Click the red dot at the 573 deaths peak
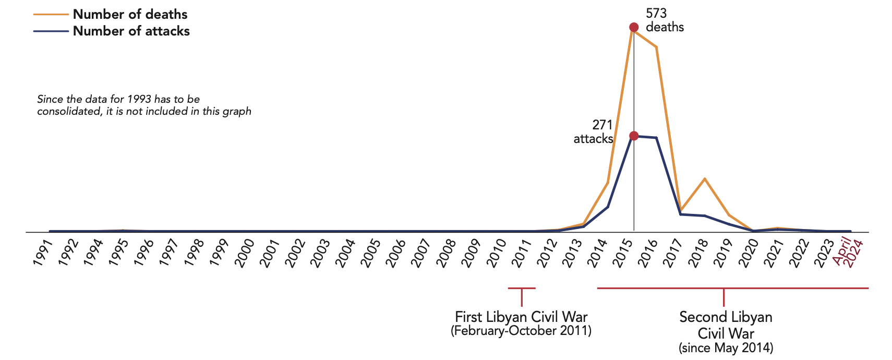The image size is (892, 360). click(634, 27)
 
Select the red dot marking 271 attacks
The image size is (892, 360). click(634, 136)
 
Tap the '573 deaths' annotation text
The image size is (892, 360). click(665, 20)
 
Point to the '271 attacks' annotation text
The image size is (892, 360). click(594, 132)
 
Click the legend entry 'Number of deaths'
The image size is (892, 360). click(130, 14)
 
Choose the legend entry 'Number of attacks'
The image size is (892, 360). click(131, 31)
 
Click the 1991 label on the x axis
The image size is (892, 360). click(43, 253)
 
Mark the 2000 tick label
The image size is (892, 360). click(244, 253)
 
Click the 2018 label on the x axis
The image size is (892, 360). click(697, 253)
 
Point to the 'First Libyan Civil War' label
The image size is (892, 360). click(521, 317)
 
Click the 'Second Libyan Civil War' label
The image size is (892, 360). click(726, 325)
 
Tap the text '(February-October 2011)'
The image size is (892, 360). click(521, 331)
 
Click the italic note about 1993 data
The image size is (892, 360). click(144, 105)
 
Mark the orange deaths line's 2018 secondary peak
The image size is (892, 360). click(705, 179)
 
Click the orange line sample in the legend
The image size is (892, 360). click(51, 15)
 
